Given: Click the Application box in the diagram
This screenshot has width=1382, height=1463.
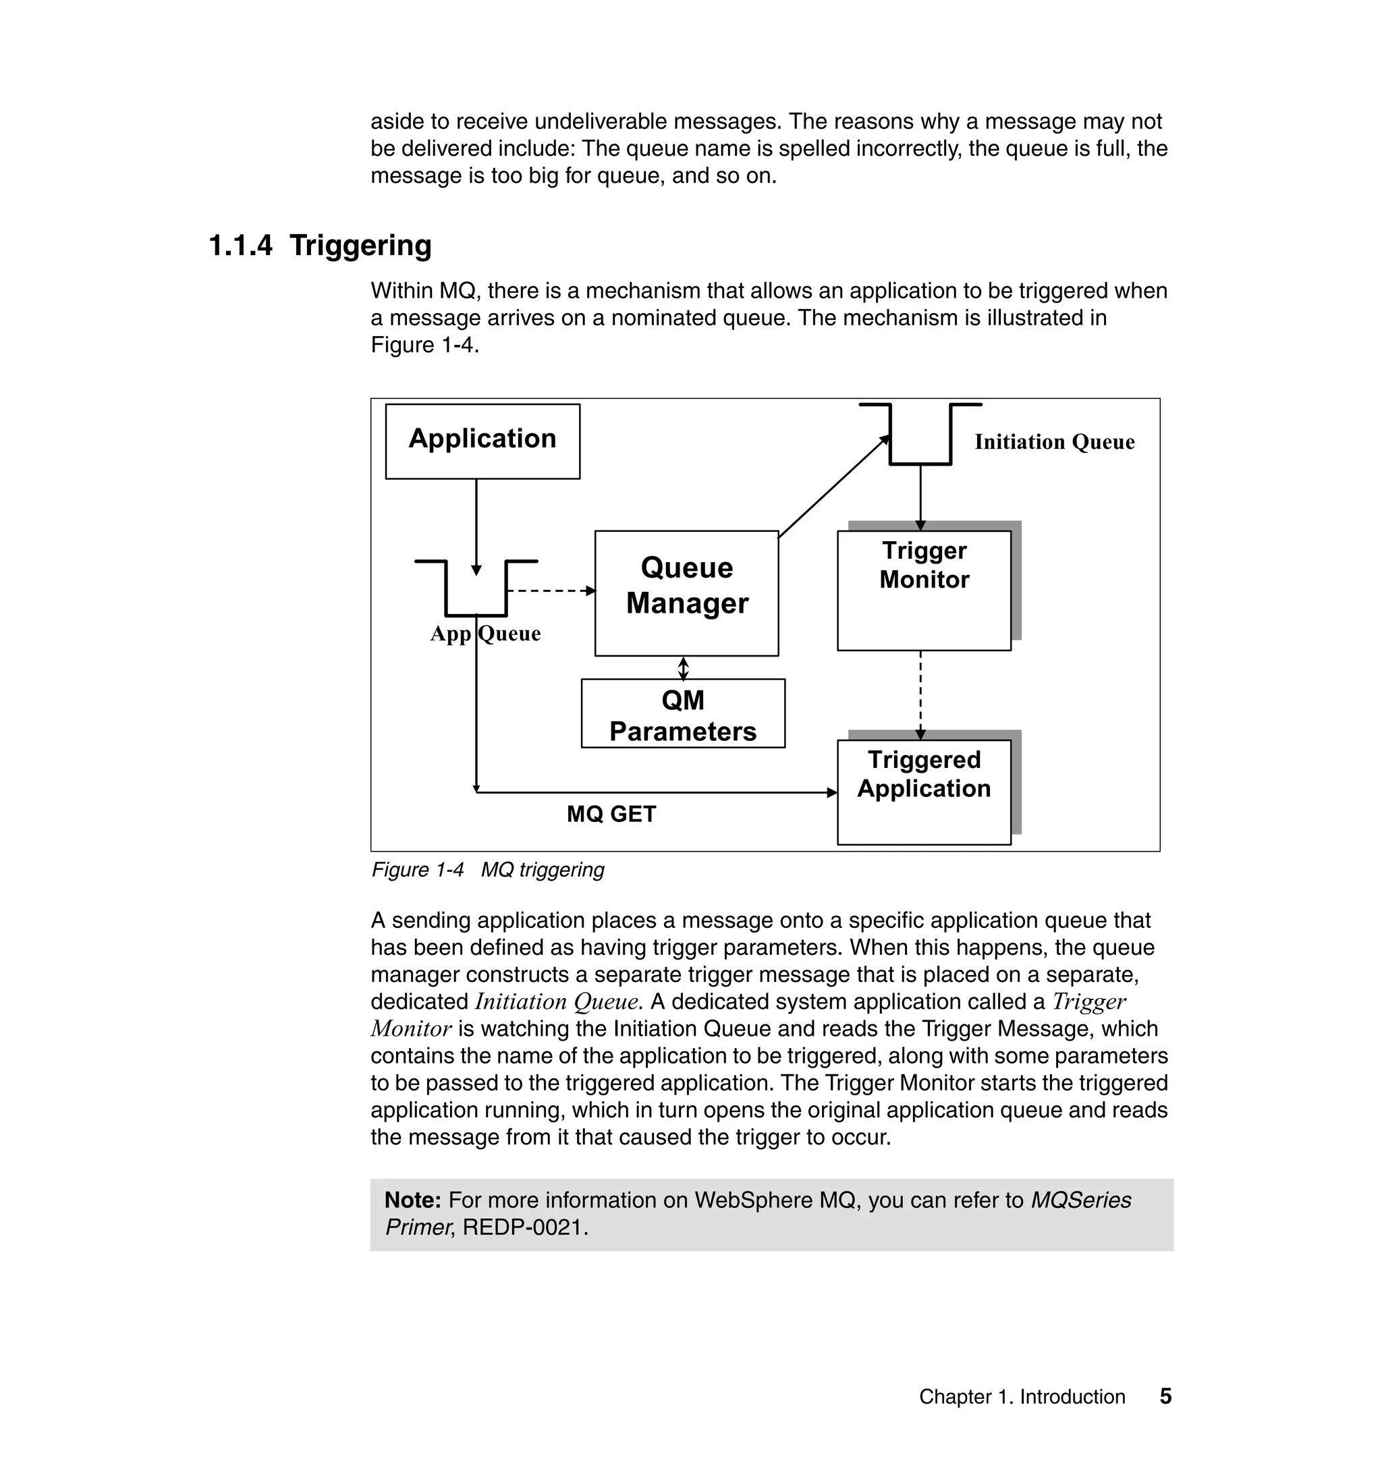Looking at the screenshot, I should tap(482, 441).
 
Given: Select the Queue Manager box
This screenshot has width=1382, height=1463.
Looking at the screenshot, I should tap(686, 592).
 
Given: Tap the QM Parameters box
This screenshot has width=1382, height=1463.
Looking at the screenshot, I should tap(683, 714).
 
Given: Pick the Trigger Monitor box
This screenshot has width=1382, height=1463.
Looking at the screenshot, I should tap(924, 589).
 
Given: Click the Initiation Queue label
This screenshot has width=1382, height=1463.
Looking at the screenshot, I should tap(1054, 442).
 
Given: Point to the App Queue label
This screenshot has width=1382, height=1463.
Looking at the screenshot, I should tap(485, 634).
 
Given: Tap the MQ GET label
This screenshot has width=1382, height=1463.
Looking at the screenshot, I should tap(611, 814).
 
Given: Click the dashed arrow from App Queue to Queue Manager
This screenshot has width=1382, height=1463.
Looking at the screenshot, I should tap(551, 590).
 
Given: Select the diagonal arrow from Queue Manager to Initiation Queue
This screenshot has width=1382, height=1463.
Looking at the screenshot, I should tap(833, 488).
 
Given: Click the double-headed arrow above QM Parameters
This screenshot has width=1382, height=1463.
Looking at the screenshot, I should tap(683, 668).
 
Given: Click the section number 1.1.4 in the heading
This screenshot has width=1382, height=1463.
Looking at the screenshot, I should tap(241, 246).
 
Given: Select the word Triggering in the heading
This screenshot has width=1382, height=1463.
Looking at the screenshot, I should tap(360, 246).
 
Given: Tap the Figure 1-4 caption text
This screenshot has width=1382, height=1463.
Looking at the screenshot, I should tap(488, 870).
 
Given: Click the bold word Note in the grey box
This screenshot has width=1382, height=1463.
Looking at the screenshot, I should tap(412, 1200).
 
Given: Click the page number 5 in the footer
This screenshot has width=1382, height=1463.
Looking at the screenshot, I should tap(1165, 1396).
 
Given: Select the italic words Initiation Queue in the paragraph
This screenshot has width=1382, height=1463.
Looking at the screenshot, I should tap(557, 1002).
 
